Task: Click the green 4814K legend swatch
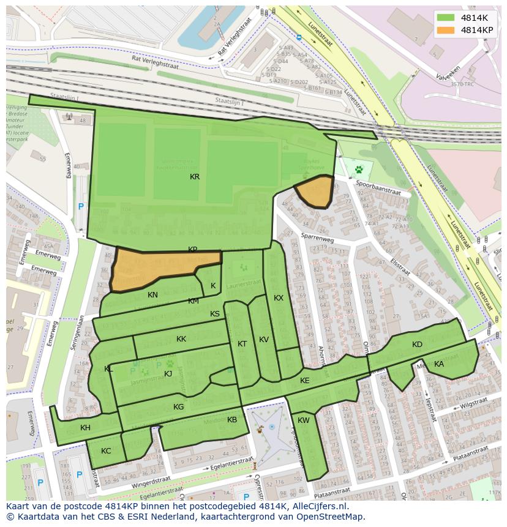[x=446, y=18]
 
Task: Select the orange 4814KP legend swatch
[x=446, y=29]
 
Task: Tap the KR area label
[x=195, y=177]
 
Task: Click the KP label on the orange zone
[x=193, y=250]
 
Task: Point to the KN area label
[x=152, y=295]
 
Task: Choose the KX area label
[x=279, y=298]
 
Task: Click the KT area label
[x=242, y=344]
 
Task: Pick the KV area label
[x=264, y=340]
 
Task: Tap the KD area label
[x=417, y=345]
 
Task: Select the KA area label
[x=439, y=364]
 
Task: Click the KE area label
[x=305, y=381]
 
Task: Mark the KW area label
[x=304, y=420]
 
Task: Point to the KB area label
[x=232, y=420]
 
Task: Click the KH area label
[x=85, y=428]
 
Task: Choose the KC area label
[x=106, y=451]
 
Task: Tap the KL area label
[x=108, y=369]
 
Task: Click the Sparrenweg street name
[x=317, y=237]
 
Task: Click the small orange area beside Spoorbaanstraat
[x=315, y=191]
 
